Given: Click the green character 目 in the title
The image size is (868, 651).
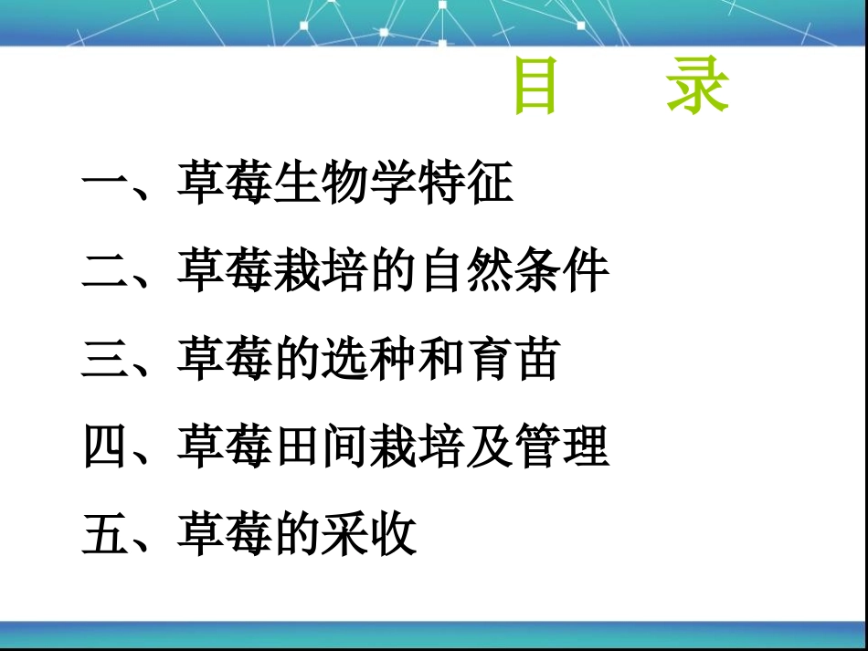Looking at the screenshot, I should (536, 88).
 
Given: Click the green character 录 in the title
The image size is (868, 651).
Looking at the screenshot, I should (697, 88).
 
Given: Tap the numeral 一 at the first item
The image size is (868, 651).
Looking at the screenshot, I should (106, 184).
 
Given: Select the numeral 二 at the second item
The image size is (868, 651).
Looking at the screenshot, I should (106, 271).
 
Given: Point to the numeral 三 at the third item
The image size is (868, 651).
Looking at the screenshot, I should (106, 359).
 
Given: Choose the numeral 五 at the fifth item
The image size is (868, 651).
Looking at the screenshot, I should (106, 535).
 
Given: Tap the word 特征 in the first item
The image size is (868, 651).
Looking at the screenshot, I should (466, 184).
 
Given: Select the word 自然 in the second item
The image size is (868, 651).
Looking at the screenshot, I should (466, 271).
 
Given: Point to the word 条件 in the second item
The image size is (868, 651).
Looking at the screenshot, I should (562, 271).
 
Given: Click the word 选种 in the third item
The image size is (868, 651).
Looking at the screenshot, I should (370, 359).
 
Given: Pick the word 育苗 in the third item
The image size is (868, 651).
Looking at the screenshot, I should (513, 359).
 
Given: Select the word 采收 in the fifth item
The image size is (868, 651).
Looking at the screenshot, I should (370, 535).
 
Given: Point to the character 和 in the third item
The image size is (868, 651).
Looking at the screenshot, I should (442, 359).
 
